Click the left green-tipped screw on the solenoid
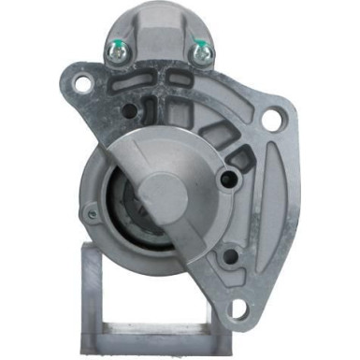[x=118, y=52]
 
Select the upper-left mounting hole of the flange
[x=82, y=84]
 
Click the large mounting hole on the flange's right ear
[x=272, y=120]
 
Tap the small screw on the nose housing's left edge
[x=91, y=213]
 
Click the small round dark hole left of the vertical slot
[x=128, y=111]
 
